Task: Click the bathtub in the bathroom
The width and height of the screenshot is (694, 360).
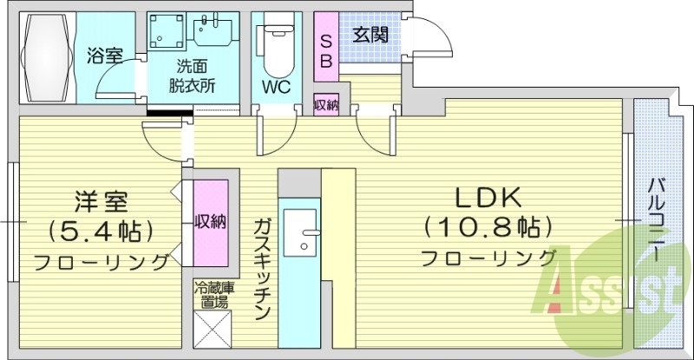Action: (x=49, y=54)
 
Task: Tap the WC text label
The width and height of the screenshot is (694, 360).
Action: (x=276, y=88)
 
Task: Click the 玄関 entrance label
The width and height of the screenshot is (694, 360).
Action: (x=370, y=36)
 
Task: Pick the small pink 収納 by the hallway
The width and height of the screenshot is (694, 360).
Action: (x=326, y=104)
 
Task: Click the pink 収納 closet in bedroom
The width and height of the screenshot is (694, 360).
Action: (x=210, y=222)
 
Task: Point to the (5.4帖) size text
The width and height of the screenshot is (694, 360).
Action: (x=101, y=231)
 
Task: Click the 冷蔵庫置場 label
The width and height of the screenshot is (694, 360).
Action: (x=211, y=296)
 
